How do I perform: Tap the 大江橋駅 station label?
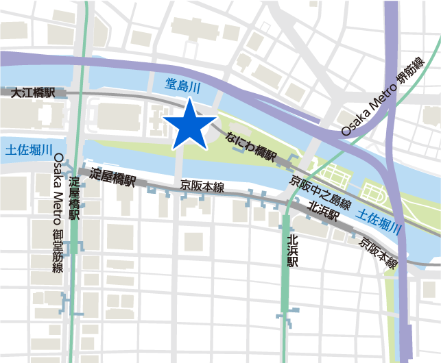tap(32, 92)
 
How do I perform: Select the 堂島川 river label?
tap(183, 85)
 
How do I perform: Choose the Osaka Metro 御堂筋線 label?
tap(58, 213)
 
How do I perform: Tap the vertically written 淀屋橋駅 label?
tap(75, 198)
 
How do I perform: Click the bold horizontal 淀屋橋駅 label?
tap(112, 176)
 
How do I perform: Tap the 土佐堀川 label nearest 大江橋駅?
tap(29, 149)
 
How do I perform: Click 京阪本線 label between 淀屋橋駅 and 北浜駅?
tap(202, 186)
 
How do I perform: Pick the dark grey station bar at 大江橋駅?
tap(33, 92)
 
